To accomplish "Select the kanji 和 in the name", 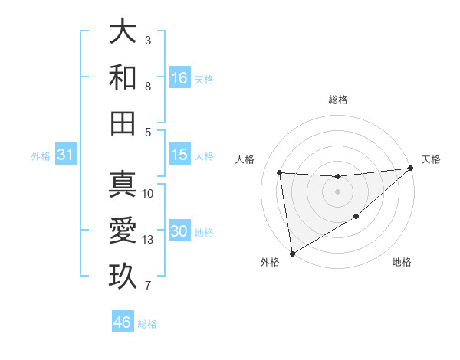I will (123, 77).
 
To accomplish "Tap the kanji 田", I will (123, 123).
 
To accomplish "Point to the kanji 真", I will (123, 185).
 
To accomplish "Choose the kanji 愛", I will (123, 231).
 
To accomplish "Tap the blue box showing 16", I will (179, 77).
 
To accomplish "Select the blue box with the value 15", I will (179, 155).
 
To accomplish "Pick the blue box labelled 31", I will (66, 155).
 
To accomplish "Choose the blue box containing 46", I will (123, 322).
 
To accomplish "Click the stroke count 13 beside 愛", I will (149, 240).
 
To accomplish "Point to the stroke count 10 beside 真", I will (149, 193).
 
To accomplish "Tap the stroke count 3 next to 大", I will (148, 40).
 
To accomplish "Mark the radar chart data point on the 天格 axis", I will (410, 169).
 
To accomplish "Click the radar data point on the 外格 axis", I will (292, 253).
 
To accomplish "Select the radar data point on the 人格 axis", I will (280, 172).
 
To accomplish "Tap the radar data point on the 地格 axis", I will (356, 218).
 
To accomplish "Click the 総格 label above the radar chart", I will (338, 100).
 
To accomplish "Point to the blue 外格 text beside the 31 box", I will (41, 156).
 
